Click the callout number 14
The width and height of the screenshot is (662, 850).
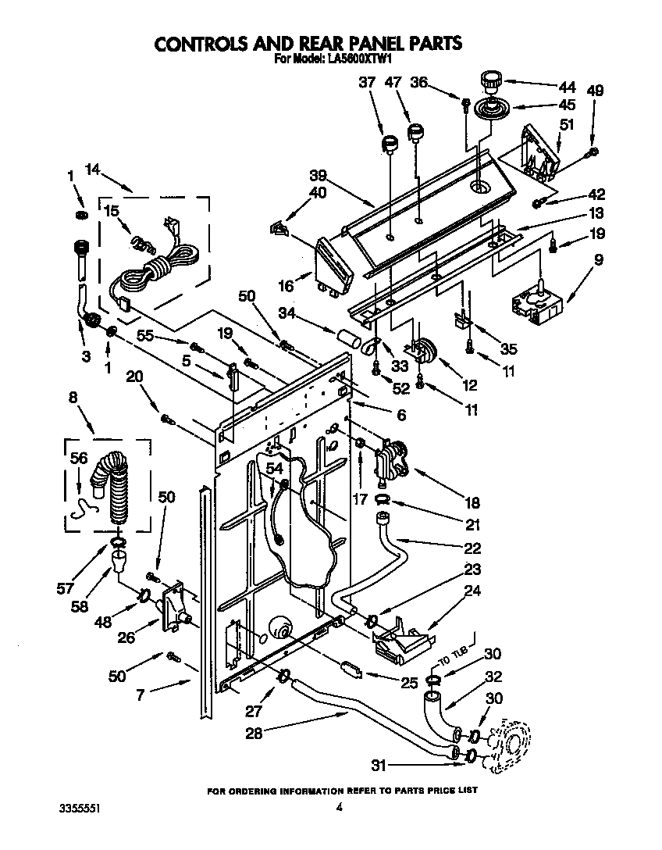[x=93, y=169]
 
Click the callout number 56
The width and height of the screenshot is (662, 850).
[x=78, y=460]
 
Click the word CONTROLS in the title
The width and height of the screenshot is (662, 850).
[x=205, y=43]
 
